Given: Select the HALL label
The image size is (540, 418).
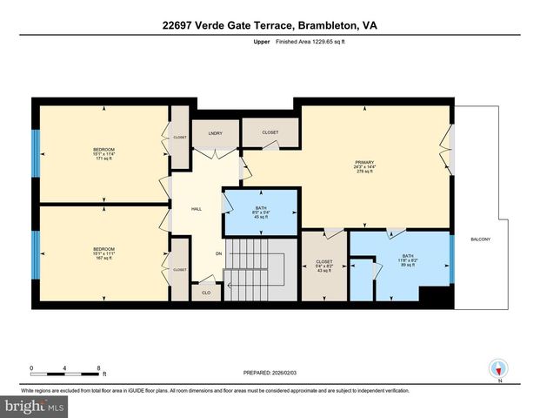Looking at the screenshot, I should (x=197, y=209).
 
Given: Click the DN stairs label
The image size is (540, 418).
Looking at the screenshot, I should (x=219, y=253).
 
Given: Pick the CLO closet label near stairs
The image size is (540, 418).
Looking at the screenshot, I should (x=206, y=293).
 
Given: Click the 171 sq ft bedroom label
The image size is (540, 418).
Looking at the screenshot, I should (x=103, y=154).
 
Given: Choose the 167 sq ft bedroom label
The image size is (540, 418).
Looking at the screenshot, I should (x=103, y=254).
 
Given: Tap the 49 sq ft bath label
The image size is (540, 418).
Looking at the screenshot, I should (x=261, y=213).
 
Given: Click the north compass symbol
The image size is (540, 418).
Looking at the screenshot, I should (x=499, y=368).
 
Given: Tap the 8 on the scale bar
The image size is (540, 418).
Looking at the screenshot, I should (x=98, y=367).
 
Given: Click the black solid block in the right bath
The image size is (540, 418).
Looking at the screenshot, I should (x=437, y=298).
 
